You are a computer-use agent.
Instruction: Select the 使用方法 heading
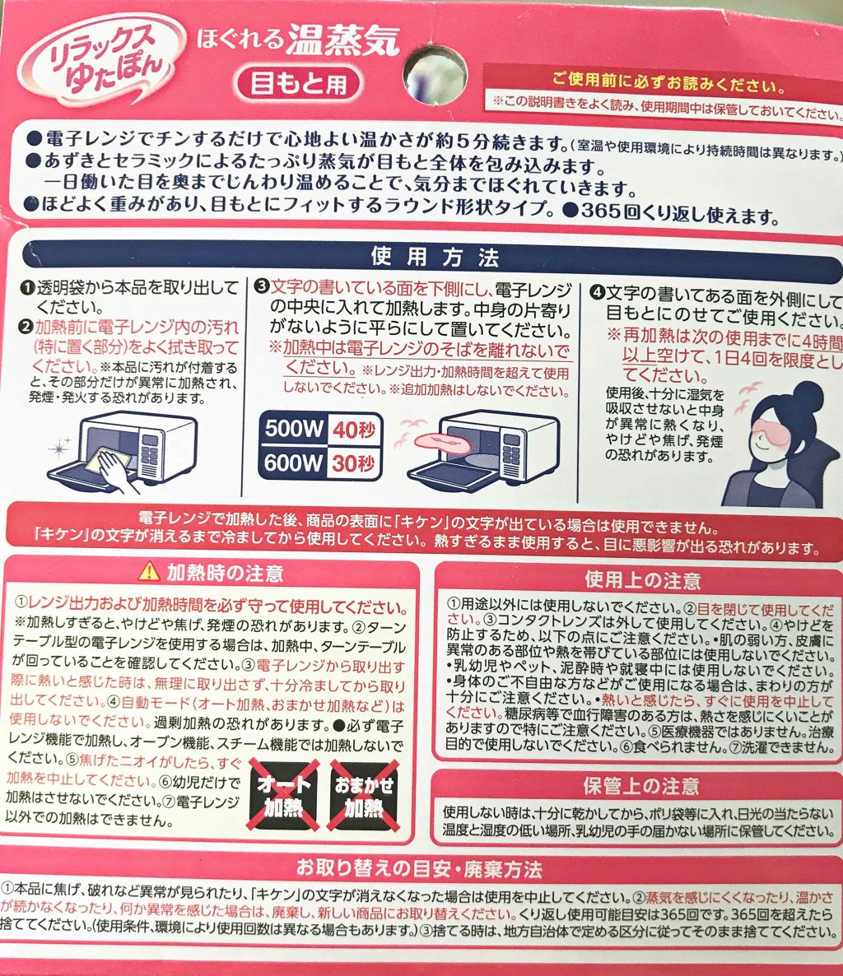pyautogui.click(x=435, y=257)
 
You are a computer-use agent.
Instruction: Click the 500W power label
pyautogui.click(x=293, y=429)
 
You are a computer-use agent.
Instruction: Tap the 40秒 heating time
pyautogui.click(x=354, y=429)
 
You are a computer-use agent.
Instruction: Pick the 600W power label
pyautogui.click(x=293, y=463)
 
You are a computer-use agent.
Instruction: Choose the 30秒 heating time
pyautogui.click(x=354, y=463)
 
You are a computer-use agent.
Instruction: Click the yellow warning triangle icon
pyautogui.click(x=148, y=569)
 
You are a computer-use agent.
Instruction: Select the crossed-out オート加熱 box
pyautogui.click(x=282, y=795)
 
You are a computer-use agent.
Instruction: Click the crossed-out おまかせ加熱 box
pyautogui.click(x=364, y=795)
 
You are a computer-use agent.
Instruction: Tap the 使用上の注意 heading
pyautogui.click(x=642, y=579)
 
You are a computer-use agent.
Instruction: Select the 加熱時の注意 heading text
pyautogui.click(x=225, y=570)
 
